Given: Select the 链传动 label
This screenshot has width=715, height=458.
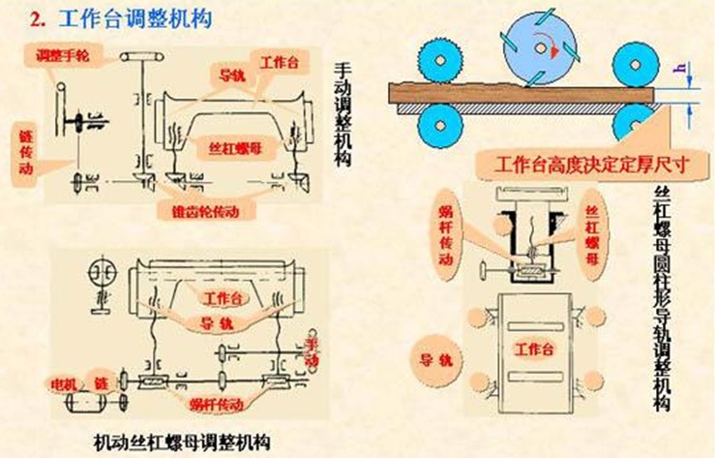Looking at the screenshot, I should [25, 155].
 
